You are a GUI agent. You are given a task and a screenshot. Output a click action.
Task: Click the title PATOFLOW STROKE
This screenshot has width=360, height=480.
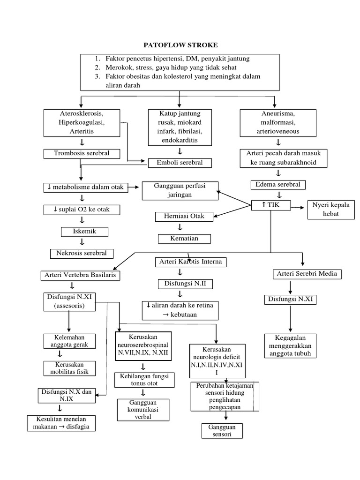click(x=180, y=45)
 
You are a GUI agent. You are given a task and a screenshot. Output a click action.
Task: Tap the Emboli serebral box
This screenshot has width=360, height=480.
click(x=180, y=163)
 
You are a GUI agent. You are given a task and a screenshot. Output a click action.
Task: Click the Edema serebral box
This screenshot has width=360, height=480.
click(x=278, y=184)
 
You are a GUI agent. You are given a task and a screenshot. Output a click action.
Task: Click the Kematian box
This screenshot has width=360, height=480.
click(x=184, y=238)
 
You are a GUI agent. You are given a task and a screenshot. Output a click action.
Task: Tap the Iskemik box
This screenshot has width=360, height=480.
click(x=85, y=232)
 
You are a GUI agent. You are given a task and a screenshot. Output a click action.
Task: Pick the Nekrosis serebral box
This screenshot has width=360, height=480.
click(x=82, y=253)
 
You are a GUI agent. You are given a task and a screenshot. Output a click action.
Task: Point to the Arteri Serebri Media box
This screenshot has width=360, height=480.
click(x=307, y=274)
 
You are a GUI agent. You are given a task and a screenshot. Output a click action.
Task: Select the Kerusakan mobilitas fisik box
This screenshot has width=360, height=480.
click(x=69, y=368)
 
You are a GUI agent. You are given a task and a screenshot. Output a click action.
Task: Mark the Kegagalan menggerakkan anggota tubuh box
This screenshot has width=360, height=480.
click(x=290, y=346)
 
